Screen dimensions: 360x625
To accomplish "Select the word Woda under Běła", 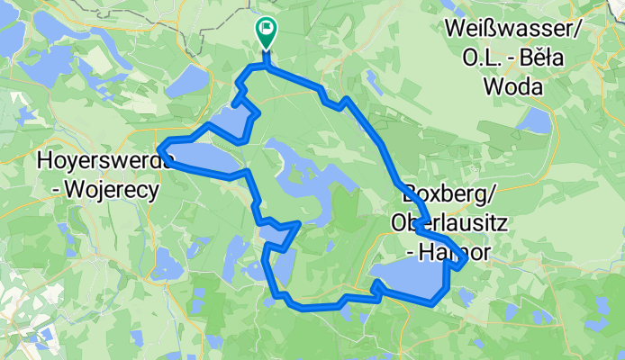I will point(512,86).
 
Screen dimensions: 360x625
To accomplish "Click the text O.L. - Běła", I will point(512,58).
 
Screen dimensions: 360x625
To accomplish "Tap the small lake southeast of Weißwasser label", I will point(533,120).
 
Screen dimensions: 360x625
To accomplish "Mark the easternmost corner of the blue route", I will point(465,262).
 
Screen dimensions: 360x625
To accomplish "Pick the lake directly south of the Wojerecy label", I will point(167,265).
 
